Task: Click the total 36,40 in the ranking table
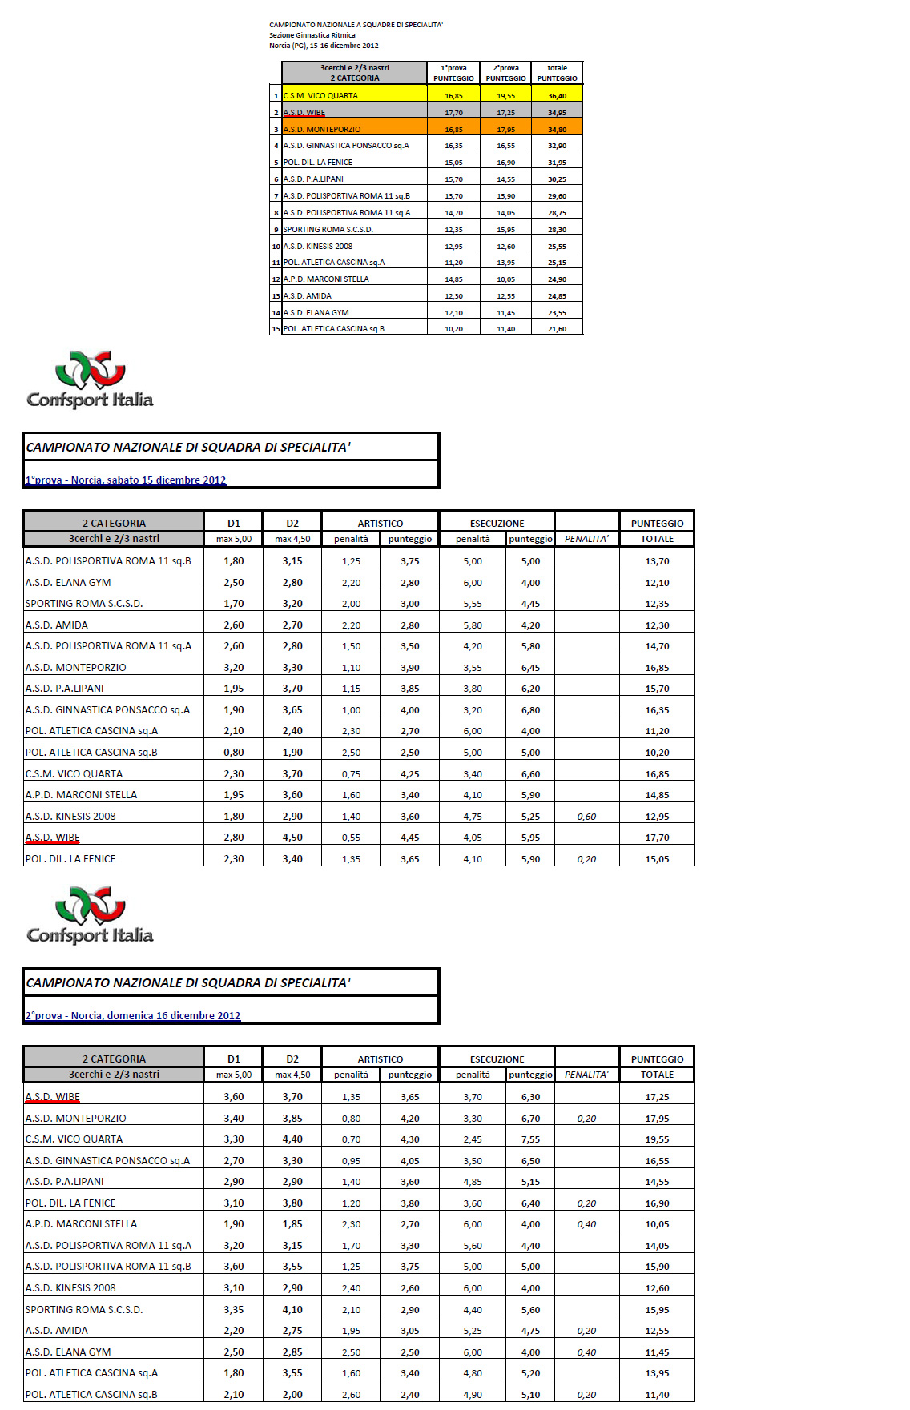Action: (557, 96)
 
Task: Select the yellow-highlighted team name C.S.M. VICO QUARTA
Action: (320, 96)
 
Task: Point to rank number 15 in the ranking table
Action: (276, 329)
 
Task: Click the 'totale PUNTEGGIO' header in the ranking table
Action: (557, 73)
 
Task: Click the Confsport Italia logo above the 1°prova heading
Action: (90, 380)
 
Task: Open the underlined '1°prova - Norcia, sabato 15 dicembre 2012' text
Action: (126, 480)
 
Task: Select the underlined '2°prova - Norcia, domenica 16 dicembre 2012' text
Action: (133, 1016)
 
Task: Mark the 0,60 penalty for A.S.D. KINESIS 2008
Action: (586, 817)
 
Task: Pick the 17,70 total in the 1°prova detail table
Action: (657, 838)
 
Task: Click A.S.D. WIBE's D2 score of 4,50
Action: (292, 838)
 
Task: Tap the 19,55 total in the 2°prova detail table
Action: (657, 1139)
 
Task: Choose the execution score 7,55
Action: (530, 1139)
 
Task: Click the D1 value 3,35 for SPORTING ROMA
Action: (234, 1310)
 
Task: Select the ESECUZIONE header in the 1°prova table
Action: (497, 524)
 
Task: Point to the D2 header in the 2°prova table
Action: (292, 1059)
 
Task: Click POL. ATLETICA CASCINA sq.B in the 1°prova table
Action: (91, 753)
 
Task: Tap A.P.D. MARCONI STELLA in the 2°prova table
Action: (81, 1224)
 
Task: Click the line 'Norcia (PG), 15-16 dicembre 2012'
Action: (324, 46)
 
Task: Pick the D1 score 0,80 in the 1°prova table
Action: (234, 753)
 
